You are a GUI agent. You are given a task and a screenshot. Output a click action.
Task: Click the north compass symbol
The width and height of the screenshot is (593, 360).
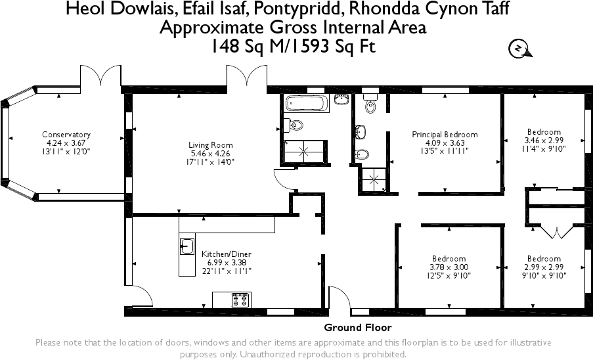pyautogui.click(x=519, y=49)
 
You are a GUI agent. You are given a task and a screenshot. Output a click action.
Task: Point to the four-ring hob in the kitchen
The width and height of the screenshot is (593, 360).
pyautogui.click(x=241, y=300)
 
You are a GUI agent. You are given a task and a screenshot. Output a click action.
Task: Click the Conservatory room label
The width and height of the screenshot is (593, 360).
pyautogui.click(x=66, y=135)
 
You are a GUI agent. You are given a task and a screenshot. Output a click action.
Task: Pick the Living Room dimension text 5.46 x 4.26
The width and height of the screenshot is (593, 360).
pyautogui.click(x=211, y=153)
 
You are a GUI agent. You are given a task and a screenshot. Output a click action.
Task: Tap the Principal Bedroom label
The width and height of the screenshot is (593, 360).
pyautogui.click(x=445, y=135)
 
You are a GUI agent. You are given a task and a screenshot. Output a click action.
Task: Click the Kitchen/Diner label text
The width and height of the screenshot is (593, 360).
pyautogui.click(x=226, y=254)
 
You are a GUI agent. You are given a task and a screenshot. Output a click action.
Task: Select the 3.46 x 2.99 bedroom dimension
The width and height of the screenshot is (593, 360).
pyautogui.click(x=543, y=141)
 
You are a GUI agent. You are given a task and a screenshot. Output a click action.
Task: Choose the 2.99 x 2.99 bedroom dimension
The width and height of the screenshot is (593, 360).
pyautogui.click(x=543, y=267)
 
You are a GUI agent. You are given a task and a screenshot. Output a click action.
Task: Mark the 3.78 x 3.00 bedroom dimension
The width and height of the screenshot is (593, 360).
pyautogui.click(x=449, y=267)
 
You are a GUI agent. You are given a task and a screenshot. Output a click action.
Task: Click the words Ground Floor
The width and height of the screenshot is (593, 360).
pyautogui.click(x=358, y=327)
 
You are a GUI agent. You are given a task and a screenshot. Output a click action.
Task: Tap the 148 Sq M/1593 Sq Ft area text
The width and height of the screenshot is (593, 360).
pyautogui.click(x=293, y=47)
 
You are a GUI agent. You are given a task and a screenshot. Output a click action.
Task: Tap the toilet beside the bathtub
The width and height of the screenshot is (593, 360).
pyautogui.click(x=295, y=125)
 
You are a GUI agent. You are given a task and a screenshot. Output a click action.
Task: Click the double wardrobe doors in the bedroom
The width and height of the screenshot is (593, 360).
pyautogui.click(x=556, y=231)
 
